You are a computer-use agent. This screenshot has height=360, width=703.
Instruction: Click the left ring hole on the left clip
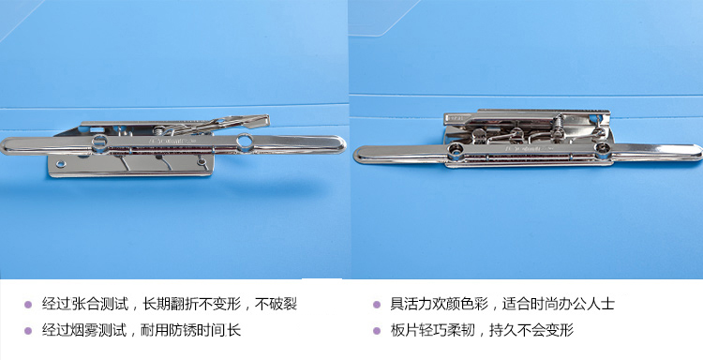pyautogui.click(x=99, y=142)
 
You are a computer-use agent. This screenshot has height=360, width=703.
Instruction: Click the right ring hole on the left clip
pyautogui.click(x=245, y=142)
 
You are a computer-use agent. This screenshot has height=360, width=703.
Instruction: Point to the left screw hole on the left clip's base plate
pyautogui.click(x=60, y=164)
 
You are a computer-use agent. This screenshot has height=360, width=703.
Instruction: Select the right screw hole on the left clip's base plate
pyautogui.click(x=202, y=161)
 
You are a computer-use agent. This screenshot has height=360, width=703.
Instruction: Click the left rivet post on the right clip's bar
pyautogui.click(x=456, y=153)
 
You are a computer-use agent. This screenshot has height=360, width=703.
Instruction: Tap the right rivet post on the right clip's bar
pyautogui.click(x=602, y=149)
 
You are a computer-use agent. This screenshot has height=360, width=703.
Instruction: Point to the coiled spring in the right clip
pyautogui.click(x=559, y=123)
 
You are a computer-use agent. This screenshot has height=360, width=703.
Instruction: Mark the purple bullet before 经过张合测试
pyautogui.click(x=28, y=305)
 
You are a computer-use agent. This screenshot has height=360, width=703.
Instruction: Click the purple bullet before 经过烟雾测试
pyautogui.click(x=28, y=331)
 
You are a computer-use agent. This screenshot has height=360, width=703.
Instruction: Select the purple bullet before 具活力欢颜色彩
pyautogui.click(x=377, y=305)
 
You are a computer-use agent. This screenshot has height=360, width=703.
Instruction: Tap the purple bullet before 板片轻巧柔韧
pyautogui.click(x=377, y=331)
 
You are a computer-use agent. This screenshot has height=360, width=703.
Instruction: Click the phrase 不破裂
pyautogui.click(x=277, y=304)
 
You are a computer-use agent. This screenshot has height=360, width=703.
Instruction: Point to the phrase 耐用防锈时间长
pyautogui.click(x=191, y=330)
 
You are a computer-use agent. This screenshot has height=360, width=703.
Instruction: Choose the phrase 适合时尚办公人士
pyautogui.click(x=559, y=304)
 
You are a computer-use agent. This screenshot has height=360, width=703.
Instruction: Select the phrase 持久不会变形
pyautogui.click(x=531, y=330)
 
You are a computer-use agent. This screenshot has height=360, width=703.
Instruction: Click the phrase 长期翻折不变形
pyautogui.click(x=192, y=304)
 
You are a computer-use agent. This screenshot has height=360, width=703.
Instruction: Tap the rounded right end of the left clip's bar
pyautogui.click(x=341, y=144)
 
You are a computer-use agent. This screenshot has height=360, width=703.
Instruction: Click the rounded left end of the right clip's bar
pyautogui.click(x=359, y=155)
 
